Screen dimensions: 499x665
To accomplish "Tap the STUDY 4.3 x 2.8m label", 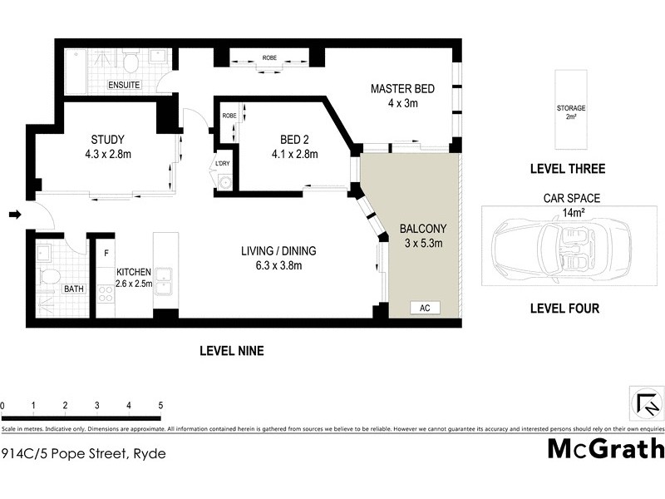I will (x=109, y=146).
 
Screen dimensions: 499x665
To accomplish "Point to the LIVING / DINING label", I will (x=278, y=258).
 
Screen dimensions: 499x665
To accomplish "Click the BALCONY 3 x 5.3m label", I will (x=424, y=235).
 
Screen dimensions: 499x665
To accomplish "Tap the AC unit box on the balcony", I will (x=425, y=308).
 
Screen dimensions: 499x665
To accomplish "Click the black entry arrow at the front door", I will (x=14, y=215).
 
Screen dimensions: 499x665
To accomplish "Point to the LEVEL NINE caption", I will (x=231, y=351).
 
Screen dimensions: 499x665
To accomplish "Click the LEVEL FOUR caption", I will (x=564, y=309).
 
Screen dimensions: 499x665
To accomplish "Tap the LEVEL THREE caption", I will (x=568, y=169).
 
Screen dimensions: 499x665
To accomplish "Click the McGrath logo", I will (x=605, y=448).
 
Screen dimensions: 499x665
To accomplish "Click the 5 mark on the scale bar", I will (x=160, y=406).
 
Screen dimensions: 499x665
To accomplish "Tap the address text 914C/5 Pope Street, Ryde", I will (x=83, y=453).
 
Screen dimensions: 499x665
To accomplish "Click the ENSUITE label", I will (x=124, y=85).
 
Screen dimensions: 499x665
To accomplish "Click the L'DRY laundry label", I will (x=223, y=163).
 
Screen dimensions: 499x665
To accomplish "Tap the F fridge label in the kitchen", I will (x=106, y=251).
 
